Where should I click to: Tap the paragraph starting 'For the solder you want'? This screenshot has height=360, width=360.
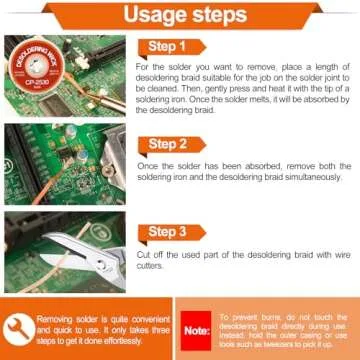pos(245,86)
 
